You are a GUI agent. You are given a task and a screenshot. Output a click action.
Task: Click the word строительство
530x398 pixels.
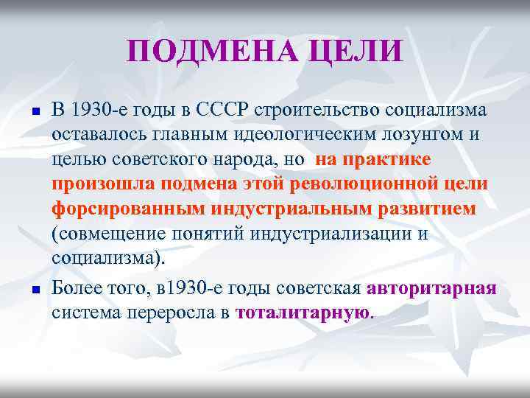tap(317, 111)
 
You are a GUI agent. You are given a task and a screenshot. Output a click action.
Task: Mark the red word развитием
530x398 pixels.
tap(426, 209)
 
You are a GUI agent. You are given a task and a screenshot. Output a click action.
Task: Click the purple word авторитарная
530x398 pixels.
tap(432, 287)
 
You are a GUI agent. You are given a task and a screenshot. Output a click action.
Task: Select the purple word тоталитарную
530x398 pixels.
tap(303, 312)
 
